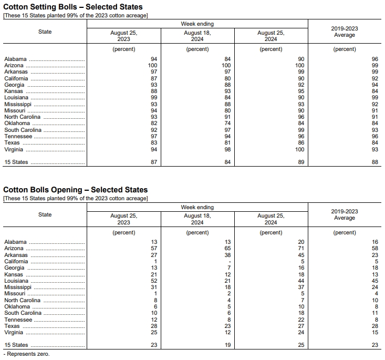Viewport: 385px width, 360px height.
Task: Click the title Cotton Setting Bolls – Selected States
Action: pyautogui.click(x=73, y=7)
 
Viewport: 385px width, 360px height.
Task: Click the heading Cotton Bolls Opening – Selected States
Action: pyautogui.click(x=76, y=190)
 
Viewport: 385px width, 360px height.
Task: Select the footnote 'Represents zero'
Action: pyautogui.click(x=26, y=354)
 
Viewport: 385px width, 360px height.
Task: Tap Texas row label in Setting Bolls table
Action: pyautogui.click(x=12, y=143)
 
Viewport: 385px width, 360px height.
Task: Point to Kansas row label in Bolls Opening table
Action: pyautogui.click(x=14, y=274)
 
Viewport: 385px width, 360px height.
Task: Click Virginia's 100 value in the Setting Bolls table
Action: pyautogui.click(x=299, y=149)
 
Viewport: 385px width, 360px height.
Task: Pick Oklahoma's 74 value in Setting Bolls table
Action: pyautogui.click(x=227, y=124)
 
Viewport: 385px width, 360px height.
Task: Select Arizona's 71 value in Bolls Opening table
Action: pyautogui.click(x=301, y=249)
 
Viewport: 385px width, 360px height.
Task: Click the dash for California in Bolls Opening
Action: pyautogui.click(x=230, y=261)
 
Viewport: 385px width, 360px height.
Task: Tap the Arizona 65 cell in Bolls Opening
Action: pyautogui.click(x=227, y=249)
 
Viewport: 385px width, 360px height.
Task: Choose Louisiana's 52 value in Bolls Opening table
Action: pyautogui.click(x=154, y=281)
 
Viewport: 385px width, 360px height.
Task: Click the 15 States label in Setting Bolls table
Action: pyautogui.click(x=16, y=162)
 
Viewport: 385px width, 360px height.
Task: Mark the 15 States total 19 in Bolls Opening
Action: pyautogui.click(x=227, y=345)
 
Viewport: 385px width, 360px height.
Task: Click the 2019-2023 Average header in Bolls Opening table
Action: pyautogui.click(x=345, y=214)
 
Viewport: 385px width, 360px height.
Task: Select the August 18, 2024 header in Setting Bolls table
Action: pyautogui.click(x=197, y=36)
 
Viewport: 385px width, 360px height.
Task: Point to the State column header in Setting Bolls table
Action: pyautogui.click(x=45, y=32)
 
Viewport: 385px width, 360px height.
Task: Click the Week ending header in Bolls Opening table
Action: pyautogui.click(x=197, y=207)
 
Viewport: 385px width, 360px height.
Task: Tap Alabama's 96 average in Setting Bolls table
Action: pyautogui.click(x=374, y=59)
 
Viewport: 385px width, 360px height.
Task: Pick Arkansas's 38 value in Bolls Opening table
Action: pyautogui.click(x=227, y=255)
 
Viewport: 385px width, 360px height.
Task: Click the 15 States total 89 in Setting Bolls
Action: pyautogui.click(x=301, y=162)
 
